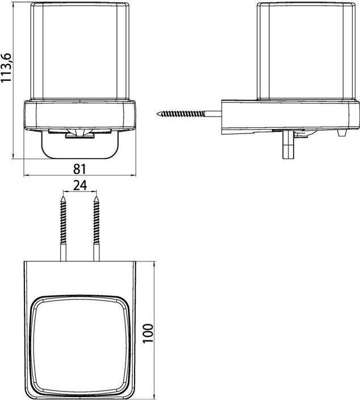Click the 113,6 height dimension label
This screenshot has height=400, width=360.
point(6,68)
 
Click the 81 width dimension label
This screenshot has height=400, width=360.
point(80,169)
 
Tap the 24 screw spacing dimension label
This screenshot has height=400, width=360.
point(80,185)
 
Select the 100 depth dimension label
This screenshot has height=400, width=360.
point(148,334)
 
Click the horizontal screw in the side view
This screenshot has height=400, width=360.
point(189,114)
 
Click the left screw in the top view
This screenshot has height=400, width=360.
point(63,228)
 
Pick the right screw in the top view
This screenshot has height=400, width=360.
point(97,228)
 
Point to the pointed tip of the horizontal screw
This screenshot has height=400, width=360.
point(157,114)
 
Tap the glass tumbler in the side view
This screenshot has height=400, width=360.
point(306,51)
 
